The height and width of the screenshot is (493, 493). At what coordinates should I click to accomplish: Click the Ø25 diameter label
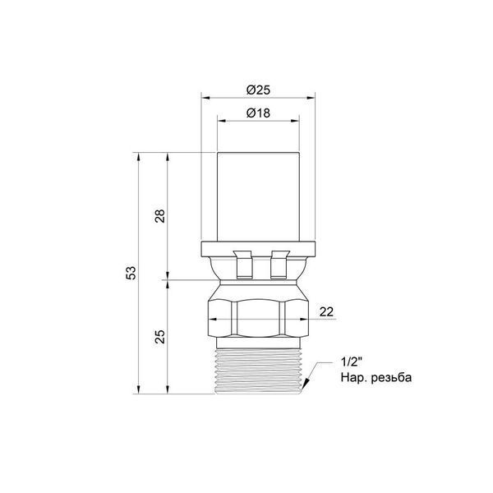tap(258, 90)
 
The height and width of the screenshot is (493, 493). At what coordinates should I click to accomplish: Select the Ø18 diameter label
tap(258, 113)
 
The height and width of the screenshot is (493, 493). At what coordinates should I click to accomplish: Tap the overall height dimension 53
tap(131, 273)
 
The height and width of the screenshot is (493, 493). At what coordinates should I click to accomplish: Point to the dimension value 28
tap(159, 216)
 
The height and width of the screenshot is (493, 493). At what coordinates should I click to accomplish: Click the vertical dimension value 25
tap(159, 336)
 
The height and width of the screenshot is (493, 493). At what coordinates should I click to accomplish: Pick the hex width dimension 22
tap(326, 312)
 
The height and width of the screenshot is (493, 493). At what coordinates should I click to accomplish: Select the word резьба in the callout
tap(391, 377)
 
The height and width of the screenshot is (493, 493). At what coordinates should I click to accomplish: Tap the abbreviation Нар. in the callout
tap(354, 377)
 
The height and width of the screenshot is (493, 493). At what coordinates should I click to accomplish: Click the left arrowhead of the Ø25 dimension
tap(205, 98)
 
